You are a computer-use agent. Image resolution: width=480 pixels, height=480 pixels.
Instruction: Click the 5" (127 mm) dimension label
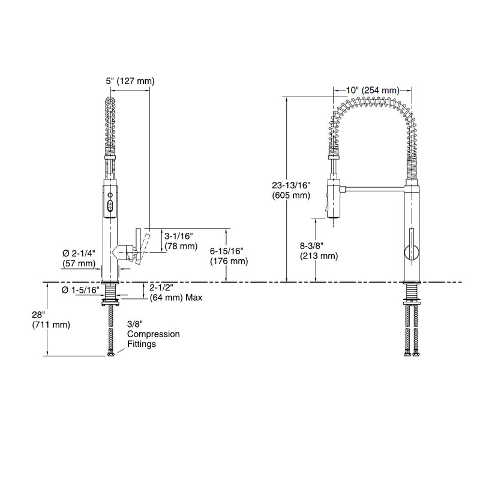[130, 81]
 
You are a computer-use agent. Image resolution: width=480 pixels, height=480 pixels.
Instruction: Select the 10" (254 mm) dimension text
[373, 90]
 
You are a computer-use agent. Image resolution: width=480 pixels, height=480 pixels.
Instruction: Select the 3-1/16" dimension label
[182, 237]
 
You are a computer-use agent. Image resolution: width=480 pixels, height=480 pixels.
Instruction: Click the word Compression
[152, 335]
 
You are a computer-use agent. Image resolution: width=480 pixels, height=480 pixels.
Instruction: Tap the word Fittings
[142, 344]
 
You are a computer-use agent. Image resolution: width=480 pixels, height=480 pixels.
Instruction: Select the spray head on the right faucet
[333, 197]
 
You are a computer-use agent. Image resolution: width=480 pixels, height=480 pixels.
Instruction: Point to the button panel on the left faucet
[110, 201]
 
